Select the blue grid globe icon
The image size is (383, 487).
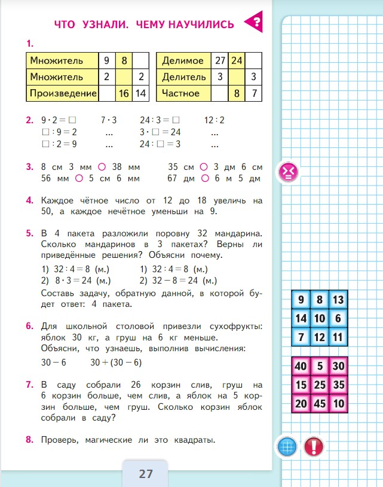pyautogui.click(x=287, y=446)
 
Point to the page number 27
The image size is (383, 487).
pyautogui.click(x=146, y=474)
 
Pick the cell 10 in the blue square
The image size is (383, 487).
pyautogui.click(x=320, y=319)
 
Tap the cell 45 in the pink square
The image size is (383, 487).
pyautogui.click(x=320, y=404)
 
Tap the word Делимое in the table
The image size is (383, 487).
pyautogui.click(x=183, y=60)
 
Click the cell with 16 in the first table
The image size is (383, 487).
pyautogui.click(x=124, y=93)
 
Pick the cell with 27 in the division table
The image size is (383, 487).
pyautogui.click(x=219, y=60)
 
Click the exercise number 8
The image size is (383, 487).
pyautogui.click(x=29, y=440)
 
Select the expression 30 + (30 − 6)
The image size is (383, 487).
pyautogui.click(x=116, y=363)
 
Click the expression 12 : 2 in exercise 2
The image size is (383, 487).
pyautogui.click(x=215, y=120)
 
